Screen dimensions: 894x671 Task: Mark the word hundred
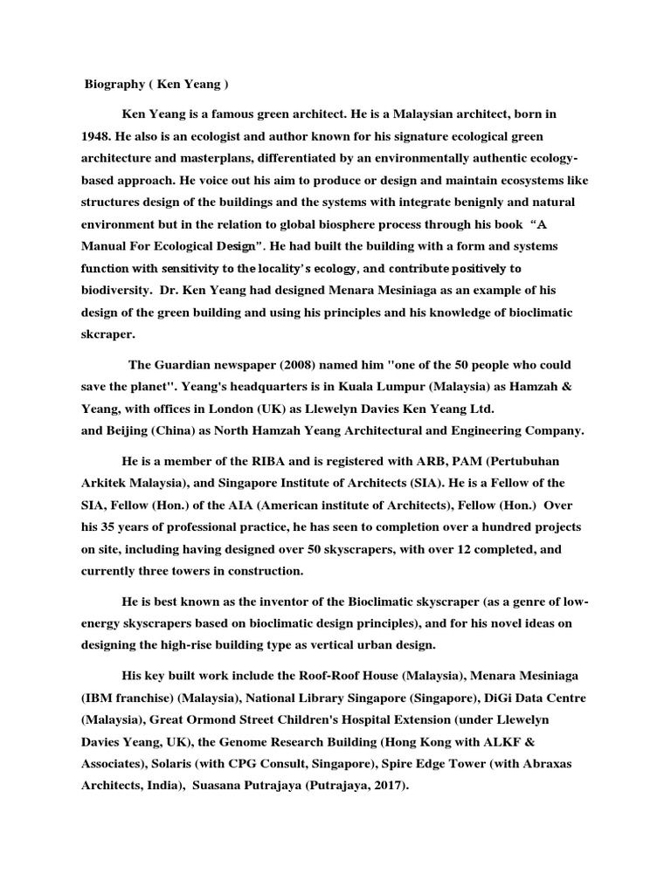(x=486, y=527)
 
